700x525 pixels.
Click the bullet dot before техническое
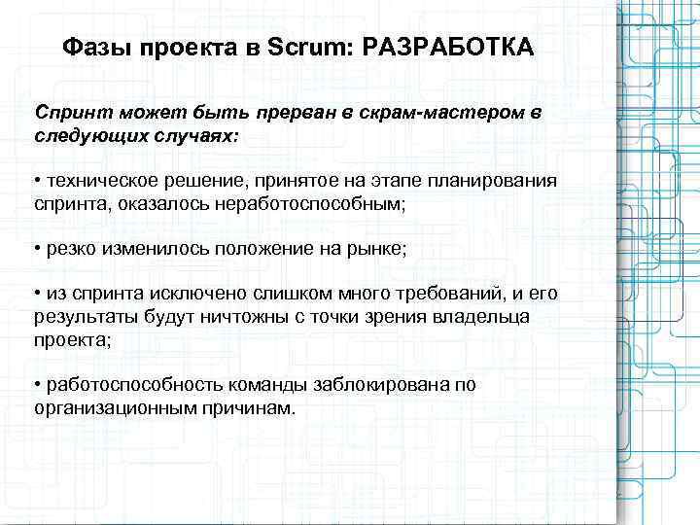[36, 182]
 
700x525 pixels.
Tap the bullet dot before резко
[36, 250]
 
